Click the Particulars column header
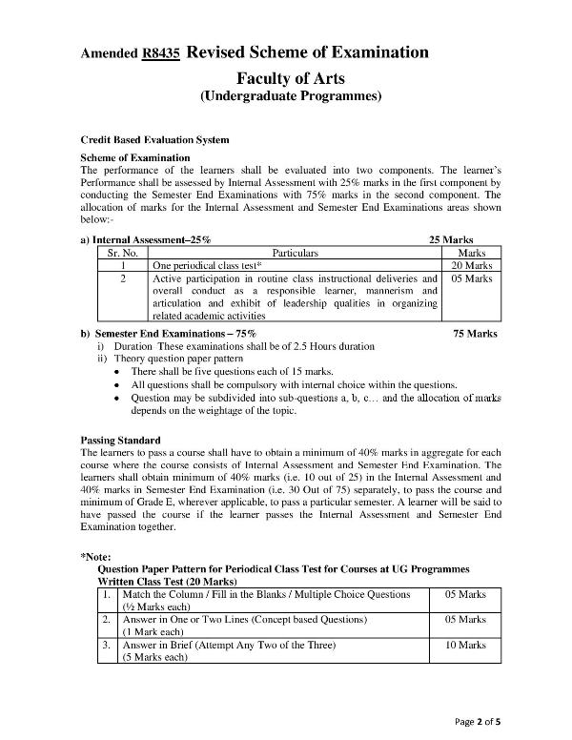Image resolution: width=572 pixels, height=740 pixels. [x=296, y=253]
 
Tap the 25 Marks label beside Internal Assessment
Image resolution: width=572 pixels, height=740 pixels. [x=452, y=240]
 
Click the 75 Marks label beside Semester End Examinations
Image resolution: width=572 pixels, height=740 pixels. [x=475, y=334]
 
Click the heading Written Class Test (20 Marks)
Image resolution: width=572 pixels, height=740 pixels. [x=168, y=580]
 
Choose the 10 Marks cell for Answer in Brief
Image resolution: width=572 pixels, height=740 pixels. [x=466, y=646]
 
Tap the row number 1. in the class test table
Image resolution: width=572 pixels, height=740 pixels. [x=108, y=594]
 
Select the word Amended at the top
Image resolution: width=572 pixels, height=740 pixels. [x=109, y=55]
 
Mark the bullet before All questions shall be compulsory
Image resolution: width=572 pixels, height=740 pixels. [x=116, y=384]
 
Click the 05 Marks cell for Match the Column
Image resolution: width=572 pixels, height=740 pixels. [x=466, y=594]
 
